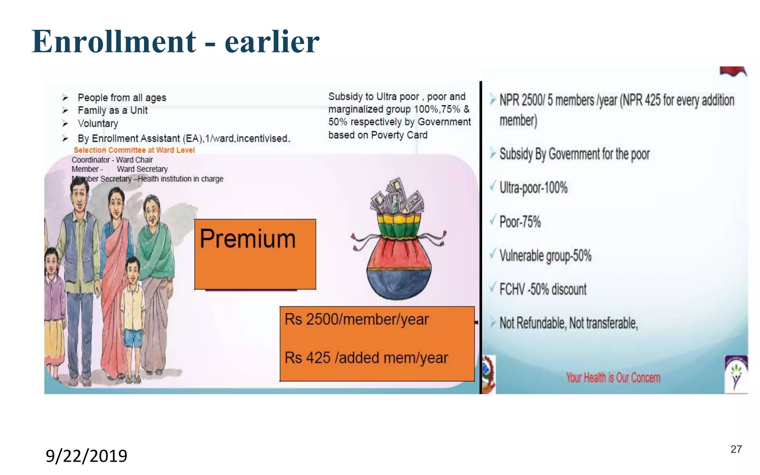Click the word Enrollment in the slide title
click(x=114, y=42)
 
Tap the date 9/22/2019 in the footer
click(x=86, y=456)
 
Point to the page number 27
click(x=736, y=449)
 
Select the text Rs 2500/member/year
click(x=356, y=320)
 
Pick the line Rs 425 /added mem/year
click(x=366, y=358)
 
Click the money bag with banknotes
click(x=399, y=241)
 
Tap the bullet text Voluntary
click(x=98, y=124)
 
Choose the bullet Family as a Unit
click(x=112, y=111)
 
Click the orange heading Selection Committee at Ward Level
click(x=134, y=150)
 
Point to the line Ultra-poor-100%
click(x=533, y=188)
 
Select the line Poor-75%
click(x=520, y=222)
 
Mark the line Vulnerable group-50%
click(x=545, y=256)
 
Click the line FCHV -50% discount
click(x=543, y=289)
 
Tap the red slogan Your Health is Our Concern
click(x=613, y=378)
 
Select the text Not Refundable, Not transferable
click(x=569, y=323)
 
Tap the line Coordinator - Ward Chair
click(x=112, y=160)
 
